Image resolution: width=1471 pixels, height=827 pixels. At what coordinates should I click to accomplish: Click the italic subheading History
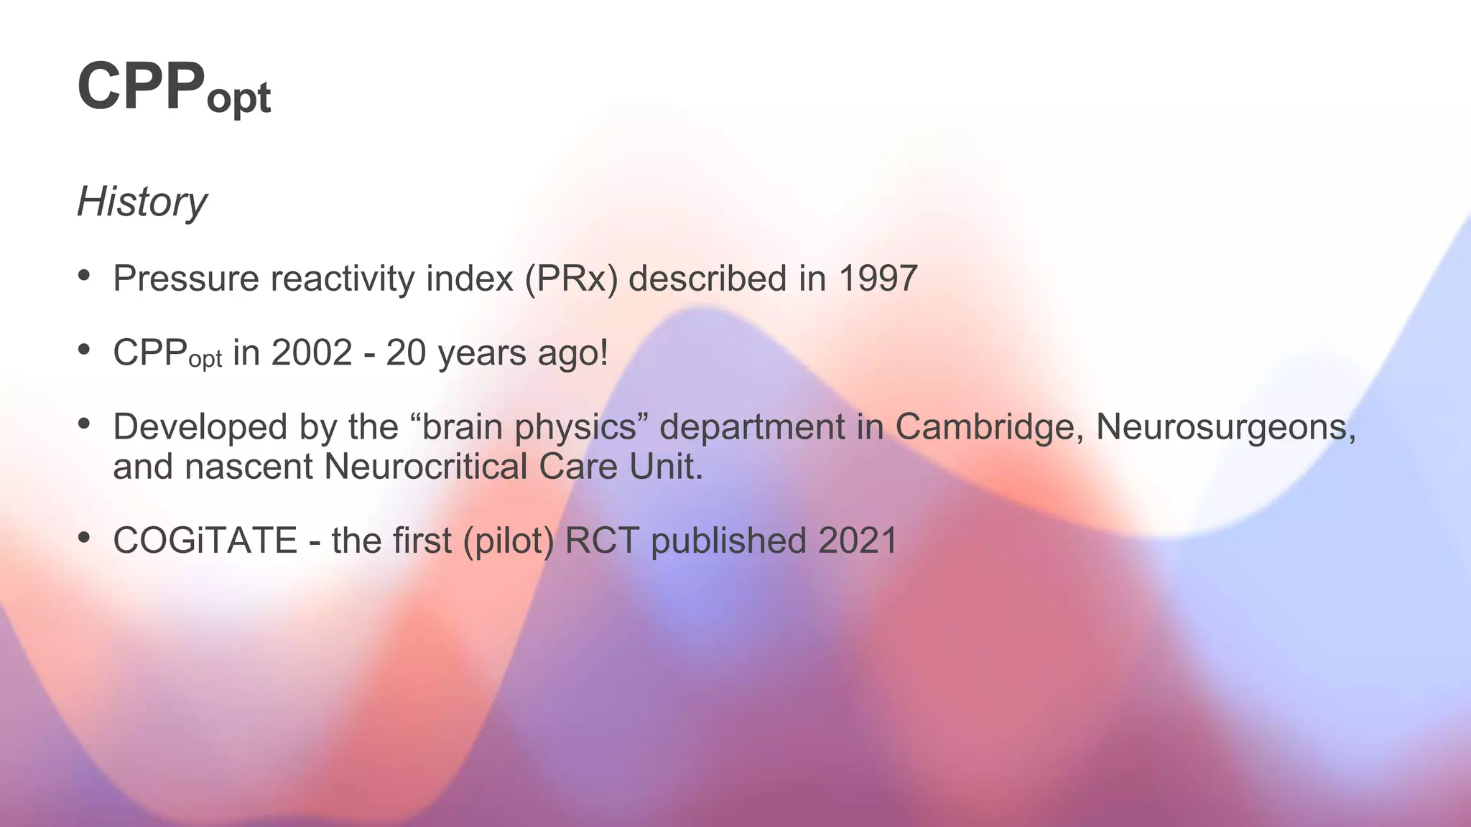141,202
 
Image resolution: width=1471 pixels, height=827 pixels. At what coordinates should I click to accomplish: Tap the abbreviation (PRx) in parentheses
571,279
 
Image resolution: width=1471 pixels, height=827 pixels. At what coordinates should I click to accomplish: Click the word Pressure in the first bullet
185,279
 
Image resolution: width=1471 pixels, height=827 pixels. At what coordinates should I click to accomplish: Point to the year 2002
312,352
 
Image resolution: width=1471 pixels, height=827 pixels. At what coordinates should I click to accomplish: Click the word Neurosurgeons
1225,426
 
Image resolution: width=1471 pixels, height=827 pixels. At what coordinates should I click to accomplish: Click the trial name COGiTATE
205,541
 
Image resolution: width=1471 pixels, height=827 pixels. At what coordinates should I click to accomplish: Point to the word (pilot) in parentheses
509,541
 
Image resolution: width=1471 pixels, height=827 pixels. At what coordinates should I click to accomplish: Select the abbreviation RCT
602,541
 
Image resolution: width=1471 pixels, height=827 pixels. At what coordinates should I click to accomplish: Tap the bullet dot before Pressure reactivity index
85,275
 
